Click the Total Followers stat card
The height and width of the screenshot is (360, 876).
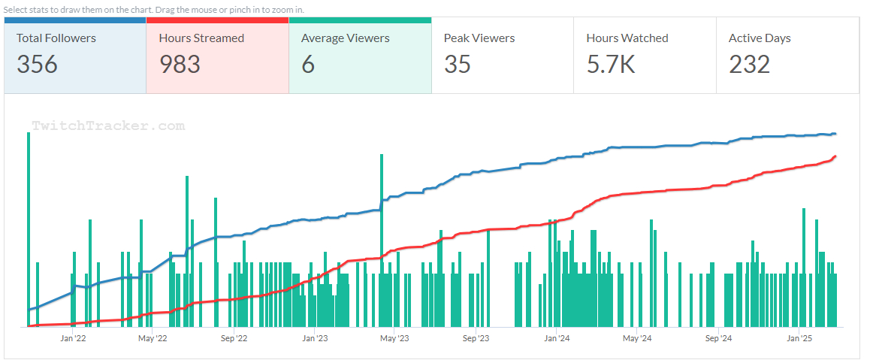74,55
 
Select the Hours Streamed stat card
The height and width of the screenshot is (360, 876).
217,55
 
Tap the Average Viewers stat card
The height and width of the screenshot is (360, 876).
360,55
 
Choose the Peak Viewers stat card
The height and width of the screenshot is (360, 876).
503,55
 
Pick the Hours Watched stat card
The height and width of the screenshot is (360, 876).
645,55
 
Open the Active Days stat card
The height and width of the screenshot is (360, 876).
787,55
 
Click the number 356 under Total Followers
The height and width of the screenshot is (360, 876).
37,65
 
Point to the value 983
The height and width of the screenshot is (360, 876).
180,65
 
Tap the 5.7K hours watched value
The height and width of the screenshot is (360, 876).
611,65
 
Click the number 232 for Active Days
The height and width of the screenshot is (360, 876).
749,65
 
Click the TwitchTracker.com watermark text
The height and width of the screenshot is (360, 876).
107,126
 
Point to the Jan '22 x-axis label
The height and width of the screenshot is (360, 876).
73,339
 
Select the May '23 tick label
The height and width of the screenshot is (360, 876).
394,339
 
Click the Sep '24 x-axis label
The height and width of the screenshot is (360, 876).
718,339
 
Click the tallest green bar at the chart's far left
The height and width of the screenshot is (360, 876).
29,225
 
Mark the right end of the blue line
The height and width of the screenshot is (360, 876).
835,134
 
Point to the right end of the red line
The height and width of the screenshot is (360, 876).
835,156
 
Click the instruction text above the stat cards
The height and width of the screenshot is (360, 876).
154,9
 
